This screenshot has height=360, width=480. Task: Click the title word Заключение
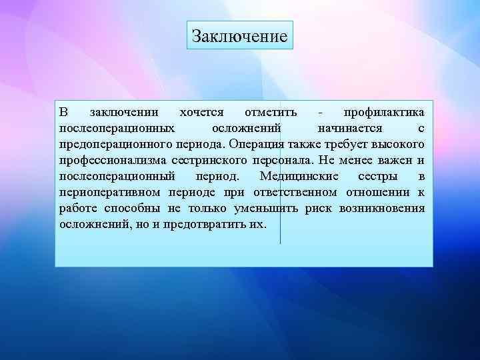(x=239, y=35)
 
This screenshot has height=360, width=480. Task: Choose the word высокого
(x=397, y=143)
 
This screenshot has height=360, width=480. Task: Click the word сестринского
(x=210, y=160)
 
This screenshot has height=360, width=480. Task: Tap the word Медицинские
(x=299, y=176)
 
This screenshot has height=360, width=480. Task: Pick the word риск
(x=319, y=209)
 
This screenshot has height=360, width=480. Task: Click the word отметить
(x=271, y=111)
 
